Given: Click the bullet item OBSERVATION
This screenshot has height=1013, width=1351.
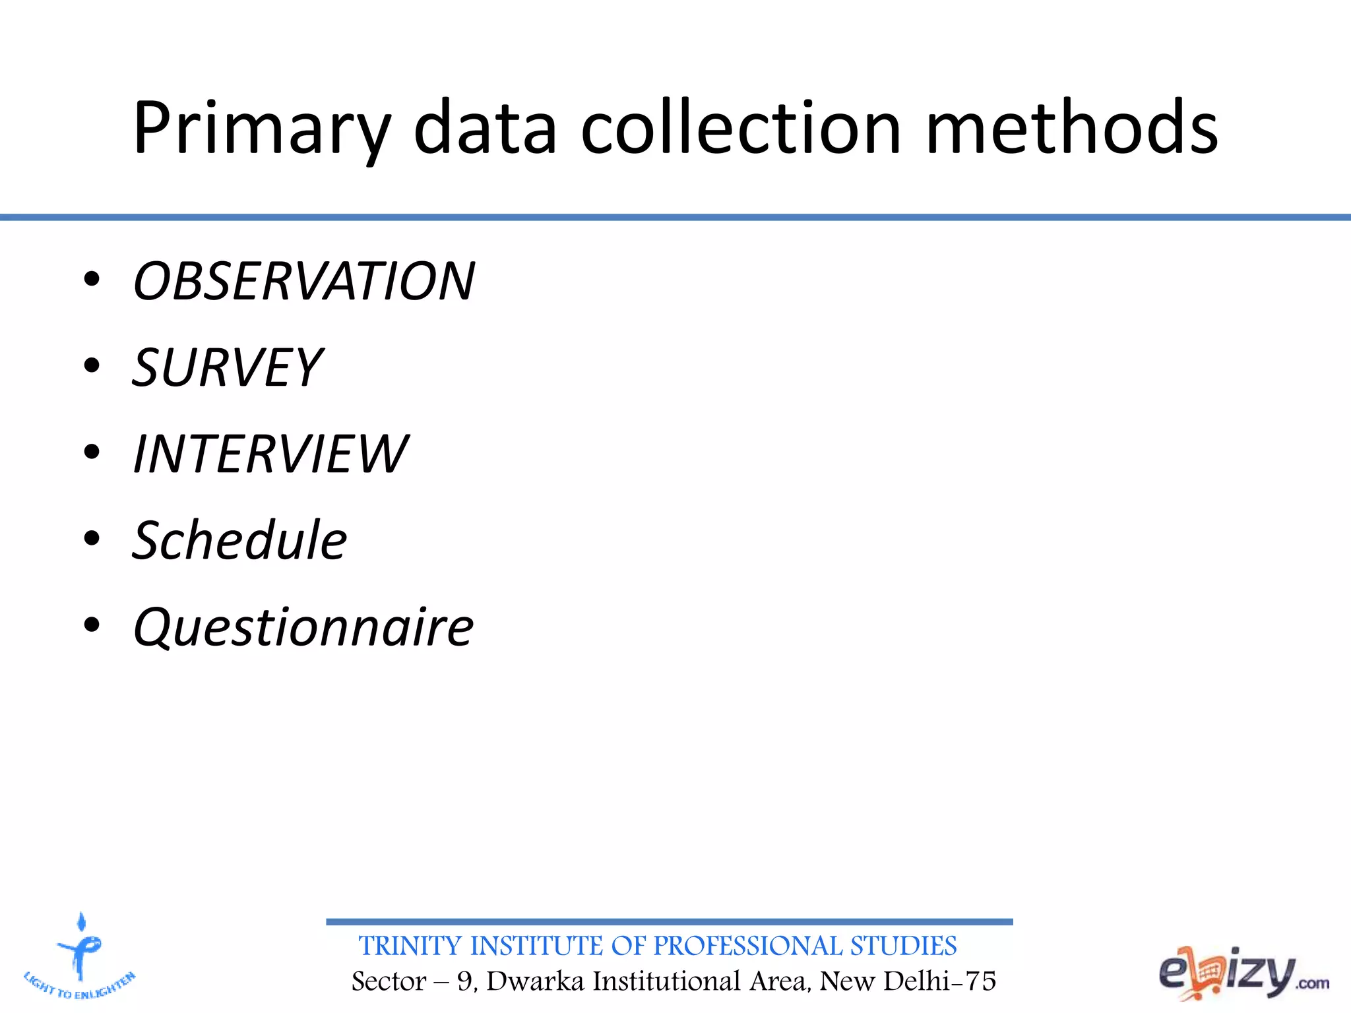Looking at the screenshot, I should [304, 281].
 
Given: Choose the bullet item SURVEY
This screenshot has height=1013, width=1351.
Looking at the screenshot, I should [228, 367].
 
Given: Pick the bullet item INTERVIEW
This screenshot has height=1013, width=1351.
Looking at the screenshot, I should [270, 454].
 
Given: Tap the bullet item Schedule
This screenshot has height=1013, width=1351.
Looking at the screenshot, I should [239, 540].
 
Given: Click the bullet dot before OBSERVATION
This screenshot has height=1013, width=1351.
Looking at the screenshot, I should [92, 280].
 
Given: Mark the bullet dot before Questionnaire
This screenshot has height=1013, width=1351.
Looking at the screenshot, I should [92, 625].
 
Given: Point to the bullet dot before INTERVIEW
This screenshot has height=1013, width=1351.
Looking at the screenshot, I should [92, 452].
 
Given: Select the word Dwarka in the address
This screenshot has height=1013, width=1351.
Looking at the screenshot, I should [535, 981].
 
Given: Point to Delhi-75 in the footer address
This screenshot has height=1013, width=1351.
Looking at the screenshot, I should [939, 981].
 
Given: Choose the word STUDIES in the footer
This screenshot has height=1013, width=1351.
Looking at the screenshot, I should [903, 946].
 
